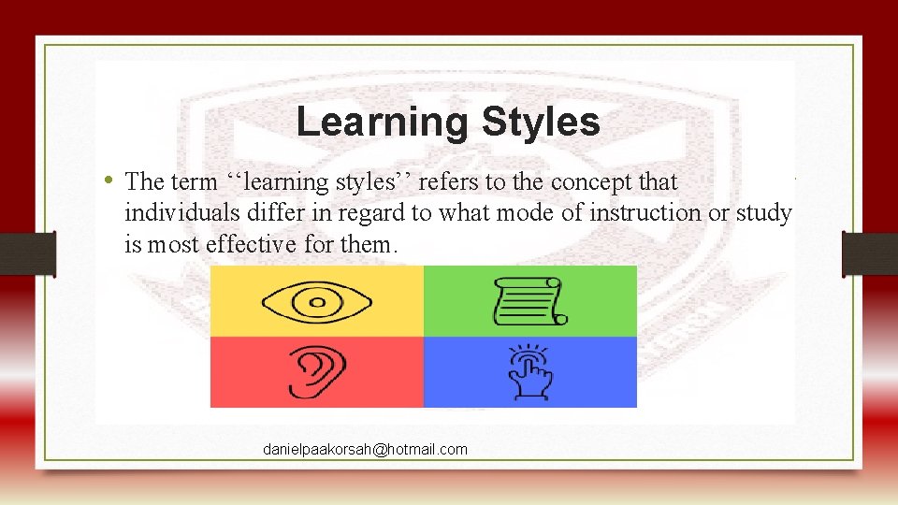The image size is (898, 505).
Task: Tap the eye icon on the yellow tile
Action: click(318, 301)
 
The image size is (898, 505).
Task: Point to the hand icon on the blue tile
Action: click(530, 372)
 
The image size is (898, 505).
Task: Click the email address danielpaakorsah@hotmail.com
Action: click(365, 450)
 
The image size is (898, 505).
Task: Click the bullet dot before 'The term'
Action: click(109, 180)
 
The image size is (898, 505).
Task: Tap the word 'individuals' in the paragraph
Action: click(171, 213)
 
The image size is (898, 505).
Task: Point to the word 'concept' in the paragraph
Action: click(594, 180)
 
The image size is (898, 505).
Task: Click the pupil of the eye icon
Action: click(318, 301)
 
